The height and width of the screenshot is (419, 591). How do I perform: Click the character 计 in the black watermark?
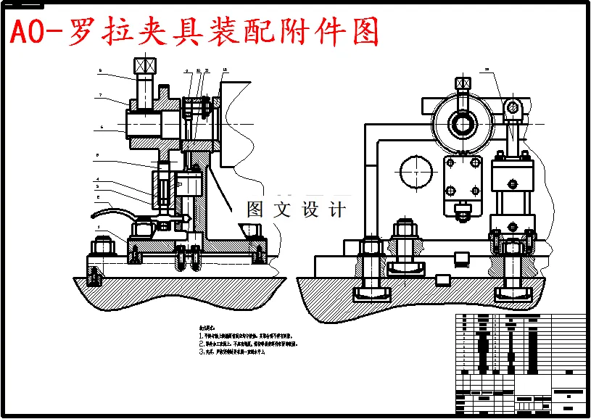tap(336, 210)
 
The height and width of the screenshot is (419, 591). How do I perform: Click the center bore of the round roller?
tap(462, 123)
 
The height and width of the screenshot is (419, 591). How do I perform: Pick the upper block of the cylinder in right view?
tap(513, 175)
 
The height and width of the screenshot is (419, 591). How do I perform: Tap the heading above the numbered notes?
tap(209, 328)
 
